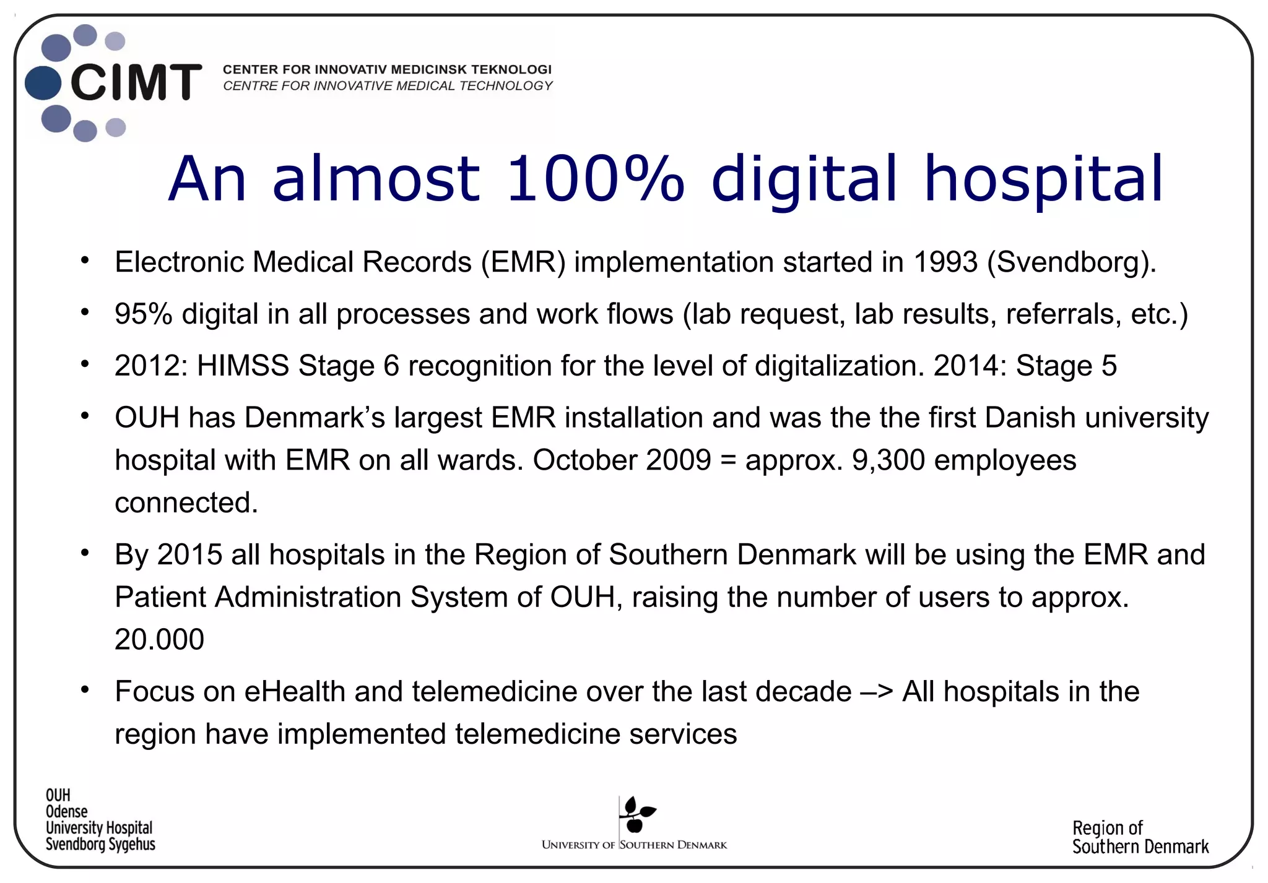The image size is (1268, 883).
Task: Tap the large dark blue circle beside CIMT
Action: pos(43,83)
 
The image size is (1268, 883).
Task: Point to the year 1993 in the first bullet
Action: pos(945,262)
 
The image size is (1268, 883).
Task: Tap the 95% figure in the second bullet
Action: pos(143,314)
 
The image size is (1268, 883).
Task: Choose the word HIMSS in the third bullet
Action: pos(243,366)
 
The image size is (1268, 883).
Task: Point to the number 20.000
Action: pos(159,639)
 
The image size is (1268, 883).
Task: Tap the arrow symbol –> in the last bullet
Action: pos(877,691)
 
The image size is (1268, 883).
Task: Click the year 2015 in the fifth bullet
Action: pos(189,554)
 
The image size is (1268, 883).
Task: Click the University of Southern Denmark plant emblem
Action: pos(636,815)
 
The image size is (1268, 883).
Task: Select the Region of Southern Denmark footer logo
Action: pos(1140,837)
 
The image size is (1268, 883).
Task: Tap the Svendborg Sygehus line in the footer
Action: pos(100,844)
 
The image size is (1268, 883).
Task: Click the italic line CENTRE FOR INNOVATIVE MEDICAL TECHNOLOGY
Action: pos(388,86)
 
